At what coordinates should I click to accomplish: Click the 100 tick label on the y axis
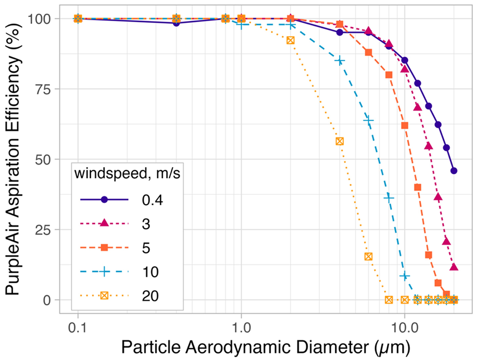coord(41,19)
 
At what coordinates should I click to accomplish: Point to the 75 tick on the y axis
coord(45,89)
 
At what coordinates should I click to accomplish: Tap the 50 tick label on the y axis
coord(45,159)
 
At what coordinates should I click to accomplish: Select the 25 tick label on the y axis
coord(45,230)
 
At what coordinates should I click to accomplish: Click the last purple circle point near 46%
coord(454,171)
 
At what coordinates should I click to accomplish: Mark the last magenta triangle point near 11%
coord(454,267)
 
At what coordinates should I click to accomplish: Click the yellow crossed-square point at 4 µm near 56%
coord(339,141)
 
